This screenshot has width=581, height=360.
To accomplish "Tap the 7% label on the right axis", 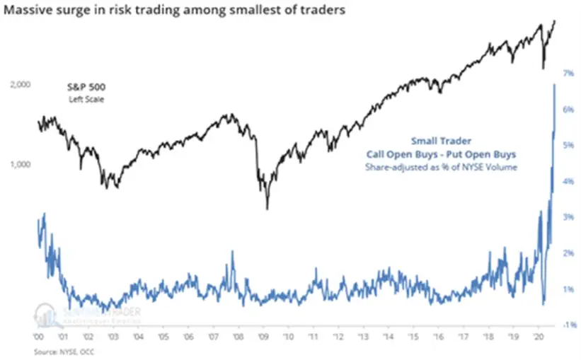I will pos(568,73).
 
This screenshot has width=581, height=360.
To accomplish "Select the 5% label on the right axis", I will pos(568,145).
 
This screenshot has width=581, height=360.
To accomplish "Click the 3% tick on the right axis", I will pos(568,217).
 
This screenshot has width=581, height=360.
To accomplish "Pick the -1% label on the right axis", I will pos(568,325).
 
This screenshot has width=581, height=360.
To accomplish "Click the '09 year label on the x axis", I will pos(263,337).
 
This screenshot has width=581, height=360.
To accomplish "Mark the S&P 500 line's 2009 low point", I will pos(267,209).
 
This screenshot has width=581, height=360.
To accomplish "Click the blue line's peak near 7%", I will pos(553,84).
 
